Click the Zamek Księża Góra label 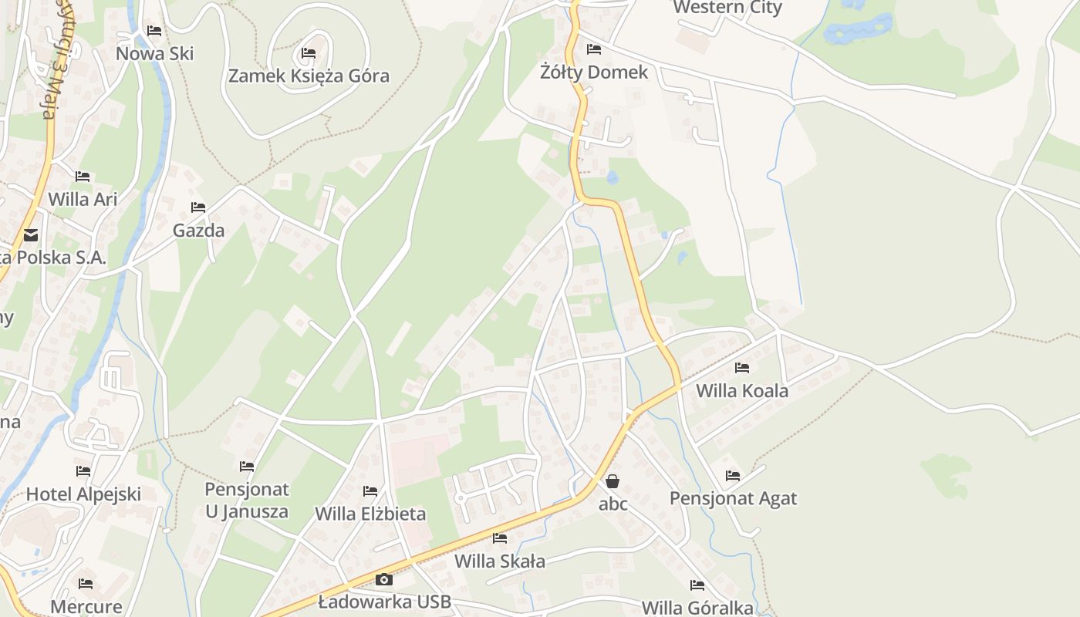point(309,76)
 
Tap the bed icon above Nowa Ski point(154,31)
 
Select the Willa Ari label point(83,199)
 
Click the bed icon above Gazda point(198,207)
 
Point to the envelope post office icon point(31,235)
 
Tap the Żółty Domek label point(594,72)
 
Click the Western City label point(727,8)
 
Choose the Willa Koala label point(742,390)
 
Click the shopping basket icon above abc point(613,481)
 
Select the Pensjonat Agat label point(733,498)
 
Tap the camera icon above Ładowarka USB point(383,579)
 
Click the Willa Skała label point(500,561)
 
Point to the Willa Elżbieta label point(370,514)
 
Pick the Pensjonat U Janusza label point(247,500)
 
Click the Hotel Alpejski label point(83,494)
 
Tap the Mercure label point(86,607)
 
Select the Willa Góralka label point(697,608)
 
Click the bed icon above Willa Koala point(742,368)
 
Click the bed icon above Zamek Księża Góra point(309,53)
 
